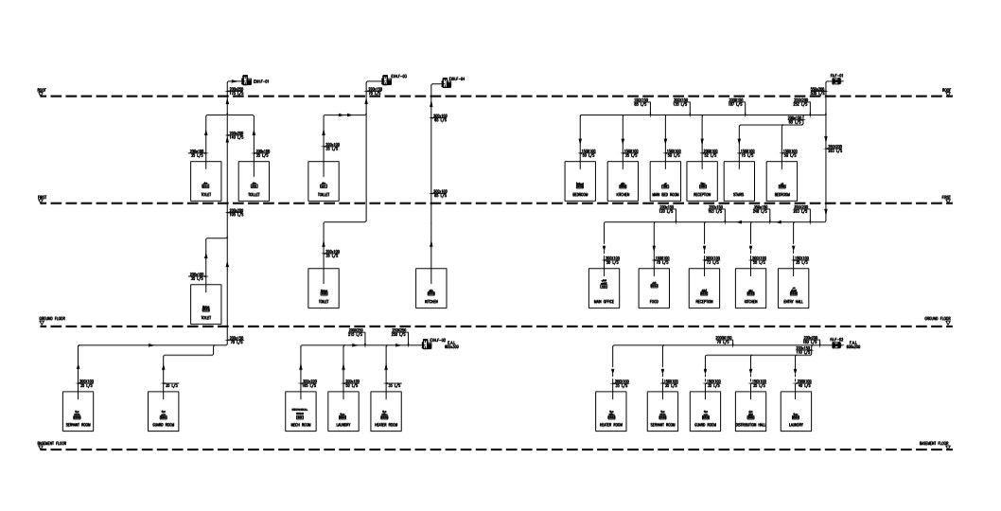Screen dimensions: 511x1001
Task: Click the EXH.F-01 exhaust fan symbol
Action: [244, 81]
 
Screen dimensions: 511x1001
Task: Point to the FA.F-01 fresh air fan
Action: [835, 82]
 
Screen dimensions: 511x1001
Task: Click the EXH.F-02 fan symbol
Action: [423, 343]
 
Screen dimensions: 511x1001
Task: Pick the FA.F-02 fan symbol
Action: [835, 344]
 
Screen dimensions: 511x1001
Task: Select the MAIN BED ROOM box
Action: [666, 180]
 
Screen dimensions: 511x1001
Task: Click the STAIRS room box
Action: [738, 180]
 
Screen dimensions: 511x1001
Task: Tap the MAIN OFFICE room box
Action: [604, 288]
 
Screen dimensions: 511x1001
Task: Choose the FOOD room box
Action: [654, 288]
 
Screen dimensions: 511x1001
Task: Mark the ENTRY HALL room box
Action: [793, 288]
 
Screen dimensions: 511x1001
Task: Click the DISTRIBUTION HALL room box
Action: [750, 409]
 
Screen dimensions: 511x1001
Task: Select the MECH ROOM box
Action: [299, 409]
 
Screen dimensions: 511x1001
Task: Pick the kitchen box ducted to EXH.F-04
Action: [431, 288]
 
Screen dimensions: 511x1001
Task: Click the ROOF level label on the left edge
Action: [42, 92]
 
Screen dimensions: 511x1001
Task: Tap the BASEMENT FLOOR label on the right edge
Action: [936, 443]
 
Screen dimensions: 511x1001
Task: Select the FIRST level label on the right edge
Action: [946, 199]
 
